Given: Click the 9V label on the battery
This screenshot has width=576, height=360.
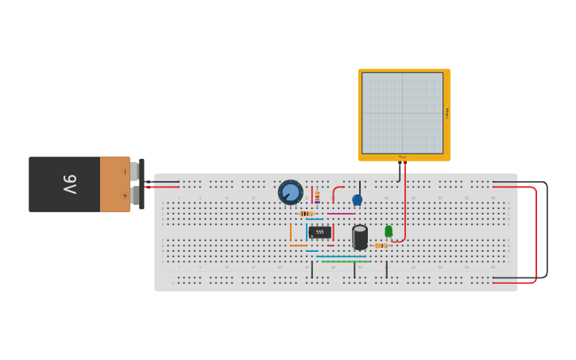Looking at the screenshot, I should click(x=70, y=184).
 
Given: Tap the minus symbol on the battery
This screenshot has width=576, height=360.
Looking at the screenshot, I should click(x=124, y=172).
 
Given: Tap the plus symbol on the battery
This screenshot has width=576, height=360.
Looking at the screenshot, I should click(x=124, y=195).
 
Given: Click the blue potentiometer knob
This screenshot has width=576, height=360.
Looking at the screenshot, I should click(x=291, y=192).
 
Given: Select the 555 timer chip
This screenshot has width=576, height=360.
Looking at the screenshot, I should click(x=319, y=232).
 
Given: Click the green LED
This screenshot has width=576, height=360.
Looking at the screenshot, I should click(x=389, y=231).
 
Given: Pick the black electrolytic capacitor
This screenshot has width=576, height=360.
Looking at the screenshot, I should click(x=360, y=237).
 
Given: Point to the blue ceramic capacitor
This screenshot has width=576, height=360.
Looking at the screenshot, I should click(x=357, y=199).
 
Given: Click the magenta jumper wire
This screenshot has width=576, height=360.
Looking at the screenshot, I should click(x=341, y=213).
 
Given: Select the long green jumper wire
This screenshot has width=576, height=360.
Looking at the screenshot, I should click(x=346, y=261).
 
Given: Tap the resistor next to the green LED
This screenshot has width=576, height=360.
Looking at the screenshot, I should click(x=381, y=246).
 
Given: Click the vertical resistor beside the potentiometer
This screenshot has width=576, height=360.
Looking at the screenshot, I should click(x=317, y=197).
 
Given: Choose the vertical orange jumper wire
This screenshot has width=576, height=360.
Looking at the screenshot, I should click(x=291, y=232).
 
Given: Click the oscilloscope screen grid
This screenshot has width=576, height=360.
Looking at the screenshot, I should click(x=402, y=113).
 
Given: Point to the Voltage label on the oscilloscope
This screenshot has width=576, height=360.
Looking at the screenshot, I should click(x=447, y=114).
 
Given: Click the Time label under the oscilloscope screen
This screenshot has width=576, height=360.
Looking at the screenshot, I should click(x=402, y=157).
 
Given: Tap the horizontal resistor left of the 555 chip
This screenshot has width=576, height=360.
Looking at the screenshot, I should click(x=307, y=213).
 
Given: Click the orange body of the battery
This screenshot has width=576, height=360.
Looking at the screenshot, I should click(x=114, y=184).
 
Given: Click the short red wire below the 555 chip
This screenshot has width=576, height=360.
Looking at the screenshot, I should click(x=331, y=246).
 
